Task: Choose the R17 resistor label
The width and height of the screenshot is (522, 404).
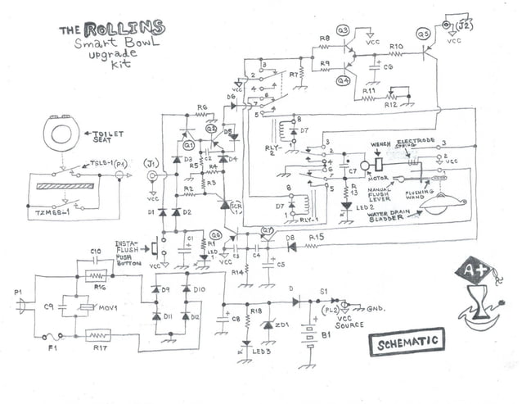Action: coord(100,347)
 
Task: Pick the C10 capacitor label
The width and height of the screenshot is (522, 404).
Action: coord(95,251)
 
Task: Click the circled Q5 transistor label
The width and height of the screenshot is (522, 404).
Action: coord(423,34)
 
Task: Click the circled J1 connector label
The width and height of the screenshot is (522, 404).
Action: coord(150,161)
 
